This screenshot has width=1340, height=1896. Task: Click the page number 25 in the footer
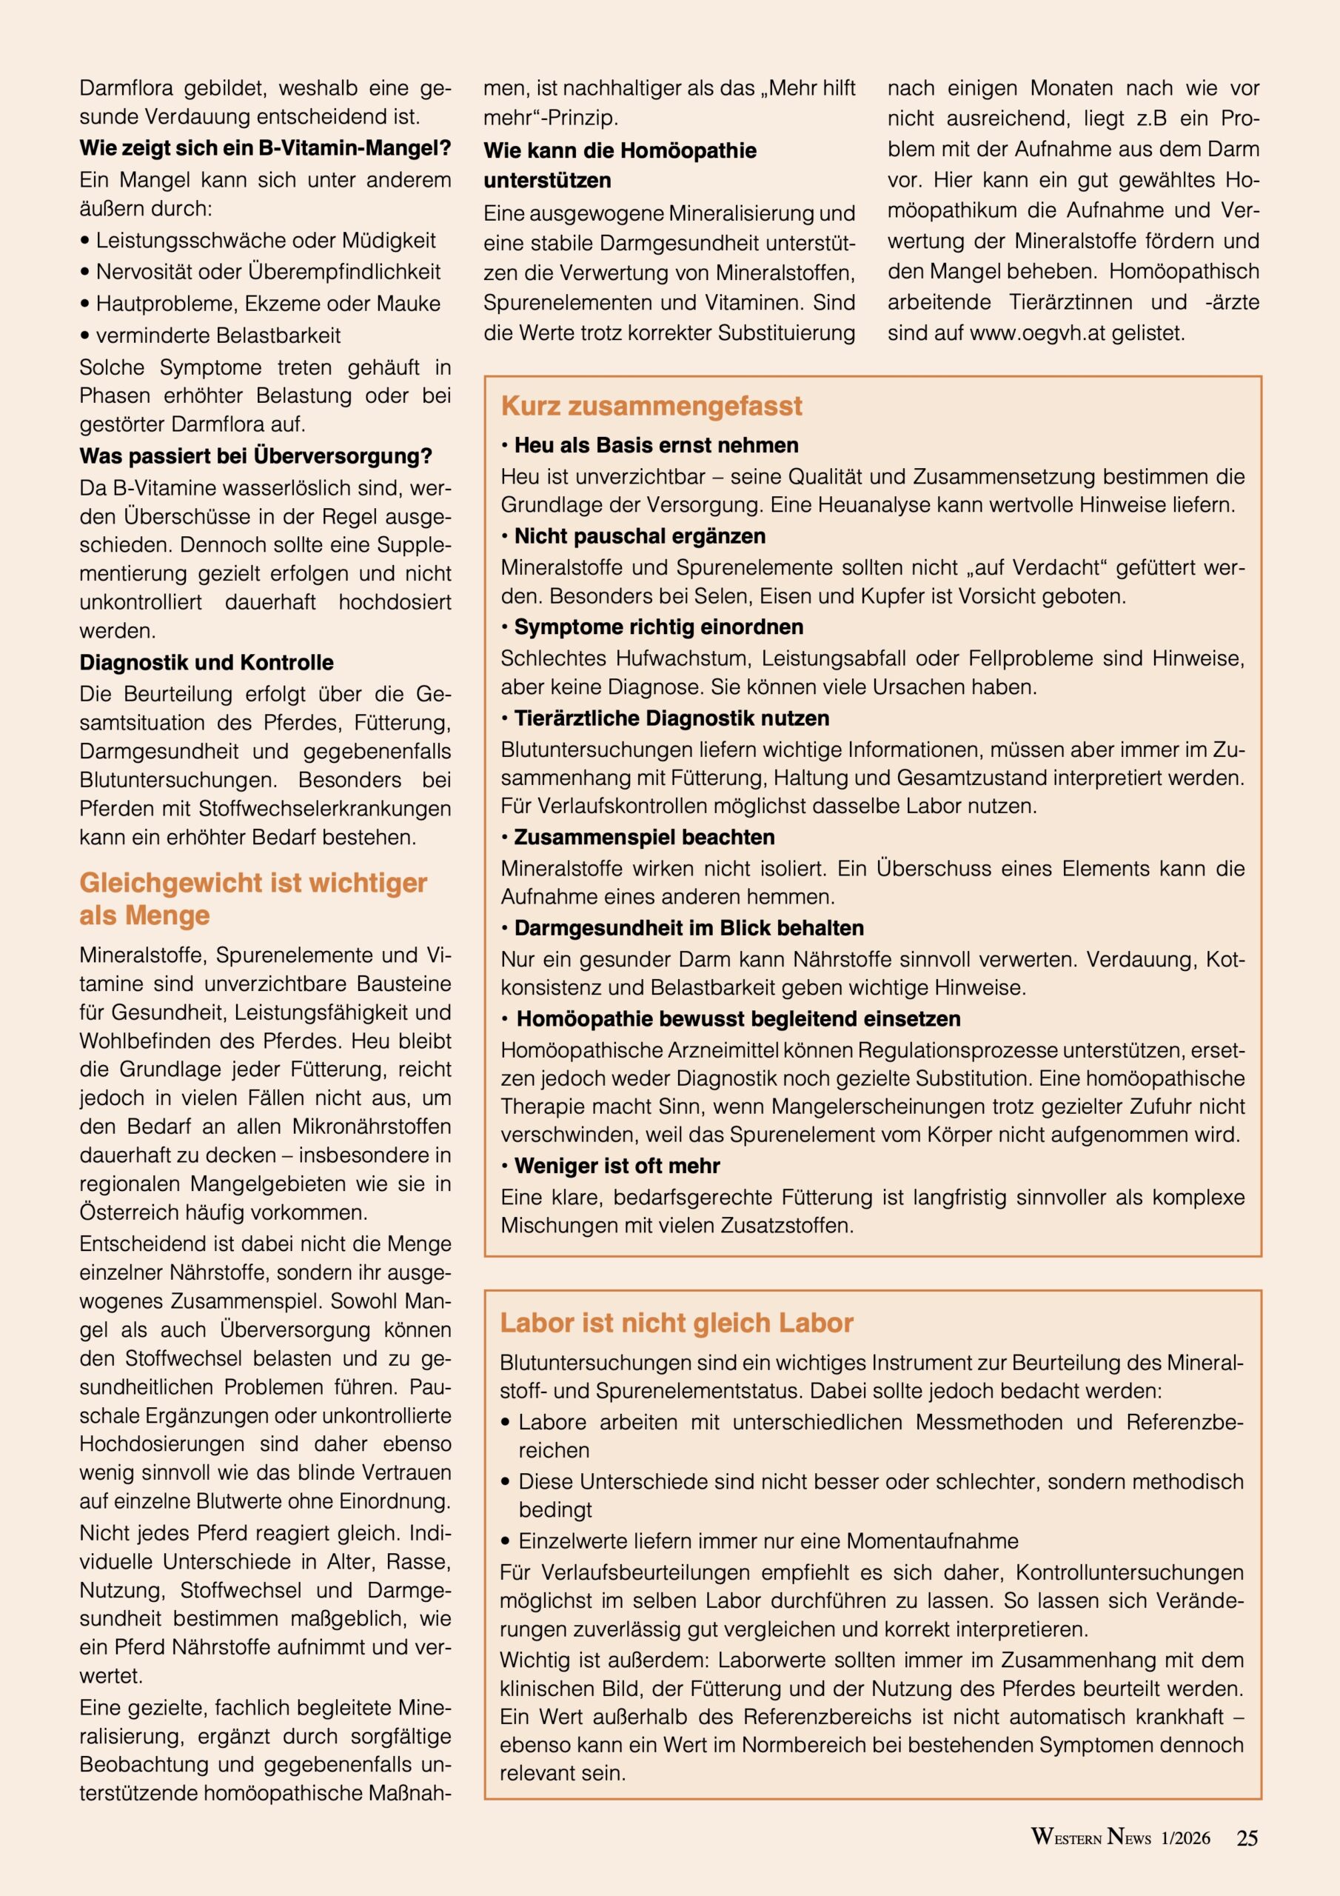click(1247, 1837)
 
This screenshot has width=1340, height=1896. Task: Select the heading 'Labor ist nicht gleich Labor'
click(676, 1322)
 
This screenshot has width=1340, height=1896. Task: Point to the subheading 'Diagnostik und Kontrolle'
click(207, 662)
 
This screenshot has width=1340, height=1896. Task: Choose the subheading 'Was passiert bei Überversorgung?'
click(256, 455)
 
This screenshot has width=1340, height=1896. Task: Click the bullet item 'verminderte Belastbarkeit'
click(218, 336)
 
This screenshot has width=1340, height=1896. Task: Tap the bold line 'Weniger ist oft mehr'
click(617, 1165)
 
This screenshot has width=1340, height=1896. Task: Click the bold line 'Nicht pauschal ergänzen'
click(640, 536)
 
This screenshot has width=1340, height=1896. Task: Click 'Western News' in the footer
click(1090, 1837)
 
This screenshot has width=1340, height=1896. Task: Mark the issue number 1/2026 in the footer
click(1185, 1838)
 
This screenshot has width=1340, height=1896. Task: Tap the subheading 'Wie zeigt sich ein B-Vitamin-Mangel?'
click(265, 149)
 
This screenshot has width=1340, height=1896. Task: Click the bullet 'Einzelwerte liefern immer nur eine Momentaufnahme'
click(768, 1541)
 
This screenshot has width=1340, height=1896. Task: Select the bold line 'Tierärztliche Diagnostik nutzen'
click(671, 718)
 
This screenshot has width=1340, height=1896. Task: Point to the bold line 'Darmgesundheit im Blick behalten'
click(689, 927)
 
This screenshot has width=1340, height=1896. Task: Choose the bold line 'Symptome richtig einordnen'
click(658, 627)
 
